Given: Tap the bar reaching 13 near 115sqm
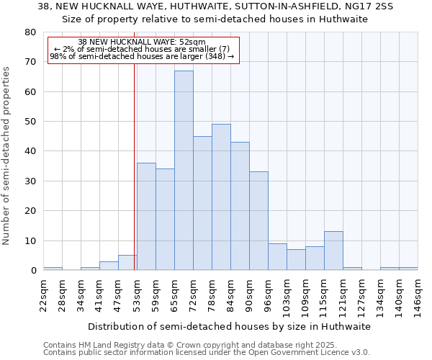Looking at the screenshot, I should coord(333,251).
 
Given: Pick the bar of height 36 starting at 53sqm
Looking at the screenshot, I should coord(146,217).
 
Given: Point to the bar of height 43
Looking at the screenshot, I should coord(240,206).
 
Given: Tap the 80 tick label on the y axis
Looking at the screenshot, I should coord(30,32).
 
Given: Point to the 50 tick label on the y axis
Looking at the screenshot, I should coord(30,122).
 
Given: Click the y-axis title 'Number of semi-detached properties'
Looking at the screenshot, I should coord(7,156).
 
